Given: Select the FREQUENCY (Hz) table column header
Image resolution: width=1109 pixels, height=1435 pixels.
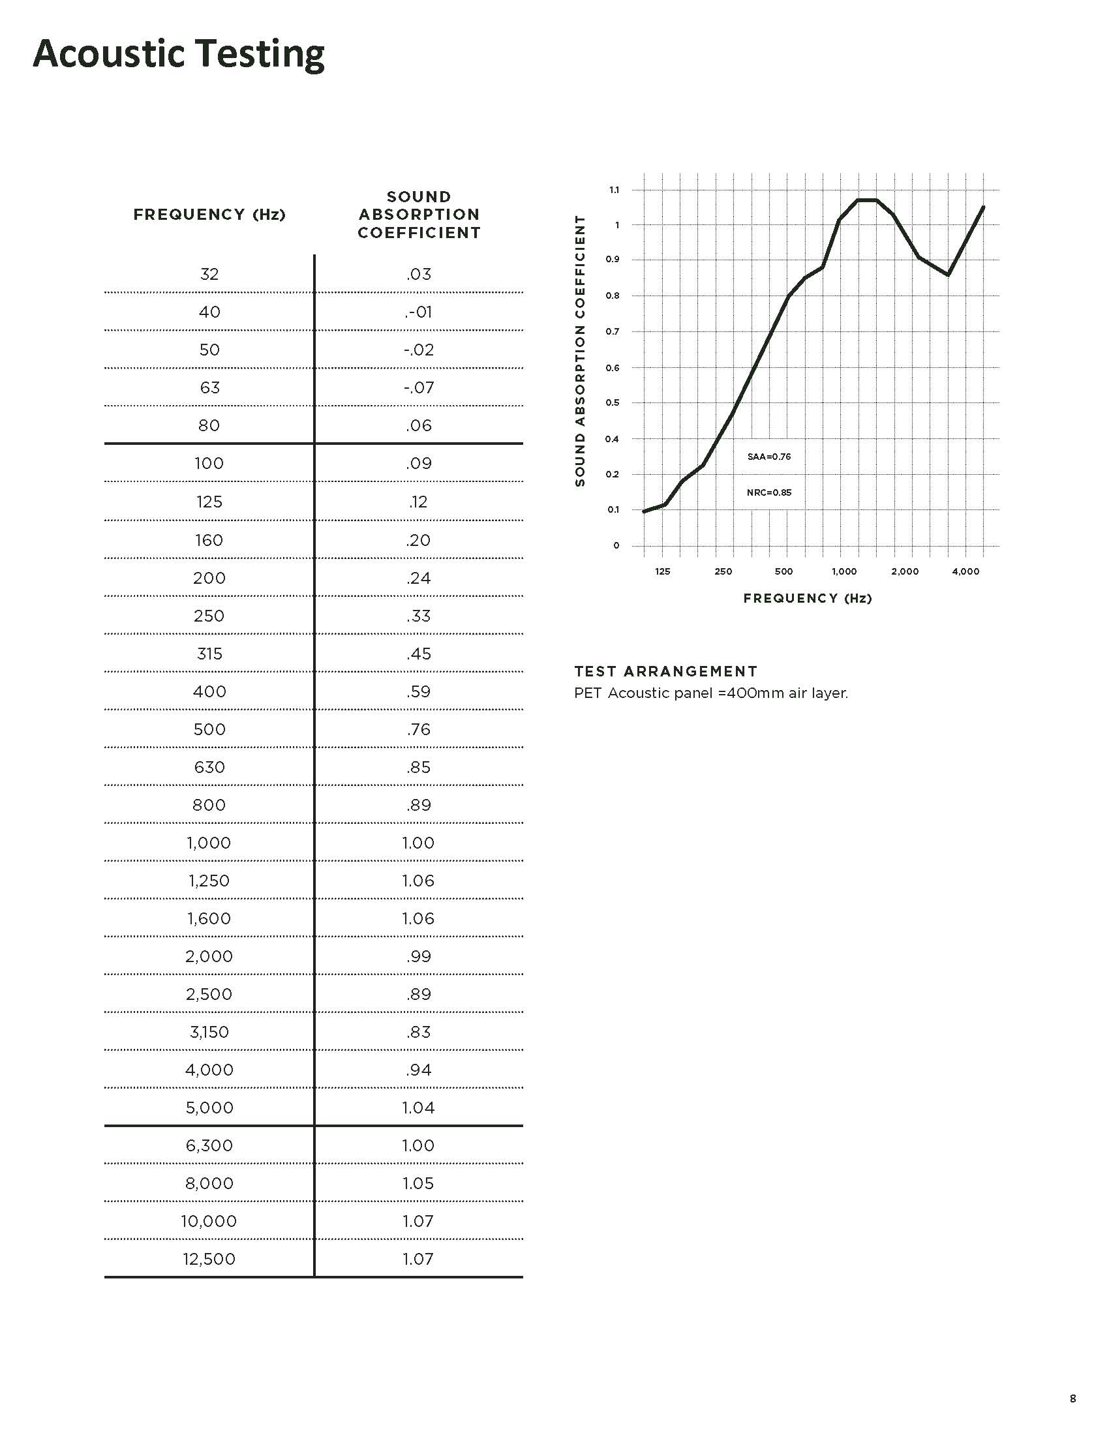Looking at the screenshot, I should pyautogui.click(x=209, y=215).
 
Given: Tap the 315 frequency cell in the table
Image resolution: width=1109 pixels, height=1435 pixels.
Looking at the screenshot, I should pyautogui.click(x=209, y=654).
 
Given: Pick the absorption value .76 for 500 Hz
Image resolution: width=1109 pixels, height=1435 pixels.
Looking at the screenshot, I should pyautogui.click(x=419, y=729).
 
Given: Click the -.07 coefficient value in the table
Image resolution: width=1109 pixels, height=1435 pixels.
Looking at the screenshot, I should pyautogui.click(x=419, y=387).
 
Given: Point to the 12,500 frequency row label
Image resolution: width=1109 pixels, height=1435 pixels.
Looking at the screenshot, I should pyautogui.click(x=209, y=1259).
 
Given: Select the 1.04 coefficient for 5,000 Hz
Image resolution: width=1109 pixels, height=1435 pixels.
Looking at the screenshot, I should pyautogui.click(x=419, y=1108).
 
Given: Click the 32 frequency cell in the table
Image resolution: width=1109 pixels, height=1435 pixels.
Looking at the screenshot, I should pyautogui.click(x=209, y=274).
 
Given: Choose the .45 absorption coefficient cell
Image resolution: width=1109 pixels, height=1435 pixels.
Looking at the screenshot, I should pyautogui.click(x=419, y=654).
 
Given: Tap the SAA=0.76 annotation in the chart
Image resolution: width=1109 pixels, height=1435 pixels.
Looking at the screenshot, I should pyautogui.click(x=768, y=457).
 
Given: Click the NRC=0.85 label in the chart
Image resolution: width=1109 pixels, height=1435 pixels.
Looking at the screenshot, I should pyautogui.click(x=768, y=492).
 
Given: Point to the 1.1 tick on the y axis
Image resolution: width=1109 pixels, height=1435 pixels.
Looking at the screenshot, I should pyautogui.click(x=615, y=190).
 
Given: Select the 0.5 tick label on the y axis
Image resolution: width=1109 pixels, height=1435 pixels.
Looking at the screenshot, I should pyautogui.click(x=613, y=402).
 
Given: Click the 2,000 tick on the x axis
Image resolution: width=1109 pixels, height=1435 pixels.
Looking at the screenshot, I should pyautogui.click(x=905, y=571).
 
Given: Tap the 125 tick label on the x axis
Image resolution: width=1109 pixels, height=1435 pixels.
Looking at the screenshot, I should pyautogui.click(x=662, y=571).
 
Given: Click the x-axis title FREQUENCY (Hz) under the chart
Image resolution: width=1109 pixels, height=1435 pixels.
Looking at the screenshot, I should pyautogui.click(x=808, y=598).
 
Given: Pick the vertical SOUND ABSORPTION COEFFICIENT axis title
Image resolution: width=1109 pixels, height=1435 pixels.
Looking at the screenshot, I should pyautogui.click(x=579, y=351).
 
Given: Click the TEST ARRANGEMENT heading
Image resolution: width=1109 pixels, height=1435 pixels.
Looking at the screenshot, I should pyautogui.click(x=665, y=671).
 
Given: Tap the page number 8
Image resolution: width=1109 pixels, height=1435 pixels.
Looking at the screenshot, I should pyautogui.click(x=1073, y=1398).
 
